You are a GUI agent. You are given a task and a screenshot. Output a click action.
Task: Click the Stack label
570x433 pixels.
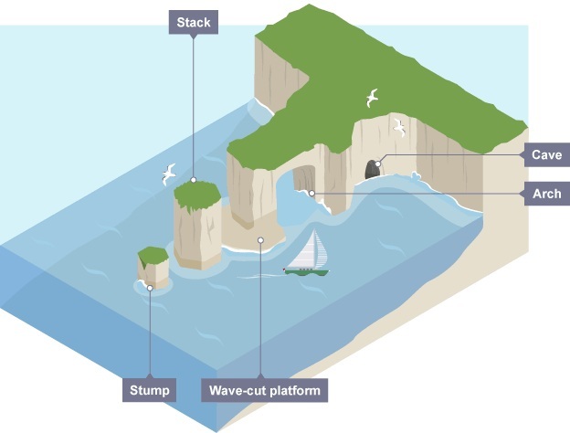click(193, 22)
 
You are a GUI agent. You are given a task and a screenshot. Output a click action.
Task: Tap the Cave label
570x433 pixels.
click(546, 155)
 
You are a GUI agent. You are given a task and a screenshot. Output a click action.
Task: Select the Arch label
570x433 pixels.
click(546, 194)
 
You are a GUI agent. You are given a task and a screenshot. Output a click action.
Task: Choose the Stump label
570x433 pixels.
click(149, 392)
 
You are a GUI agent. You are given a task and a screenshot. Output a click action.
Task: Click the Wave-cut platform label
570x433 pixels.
click(263, 392)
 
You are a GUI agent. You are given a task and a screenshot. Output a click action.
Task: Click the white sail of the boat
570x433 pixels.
click(313, 250)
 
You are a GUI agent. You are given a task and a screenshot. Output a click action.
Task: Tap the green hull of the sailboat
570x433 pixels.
click(307, 271)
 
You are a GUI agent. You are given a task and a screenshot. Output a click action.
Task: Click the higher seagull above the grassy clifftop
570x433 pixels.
click(372, 98)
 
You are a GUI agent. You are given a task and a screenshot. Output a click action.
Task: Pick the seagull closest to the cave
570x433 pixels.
click(399, 127)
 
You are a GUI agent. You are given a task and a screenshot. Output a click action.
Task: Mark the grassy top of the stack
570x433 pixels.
click(195, 195)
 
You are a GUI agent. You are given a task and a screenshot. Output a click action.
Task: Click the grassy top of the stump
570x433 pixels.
click(151, 254)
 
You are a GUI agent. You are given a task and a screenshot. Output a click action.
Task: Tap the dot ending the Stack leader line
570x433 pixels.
click(193, 180)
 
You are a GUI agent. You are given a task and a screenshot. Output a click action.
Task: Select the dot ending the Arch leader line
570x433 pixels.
click(311, 194)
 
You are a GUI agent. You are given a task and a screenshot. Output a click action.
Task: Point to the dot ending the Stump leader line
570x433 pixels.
click(149, 287)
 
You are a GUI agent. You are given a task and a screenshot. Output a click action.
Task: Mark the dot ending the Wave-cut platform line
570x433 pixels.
click(261, 241)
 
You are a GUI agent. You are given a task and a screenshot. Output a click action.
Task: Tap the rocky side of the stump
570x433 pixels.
click(152, 272)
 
